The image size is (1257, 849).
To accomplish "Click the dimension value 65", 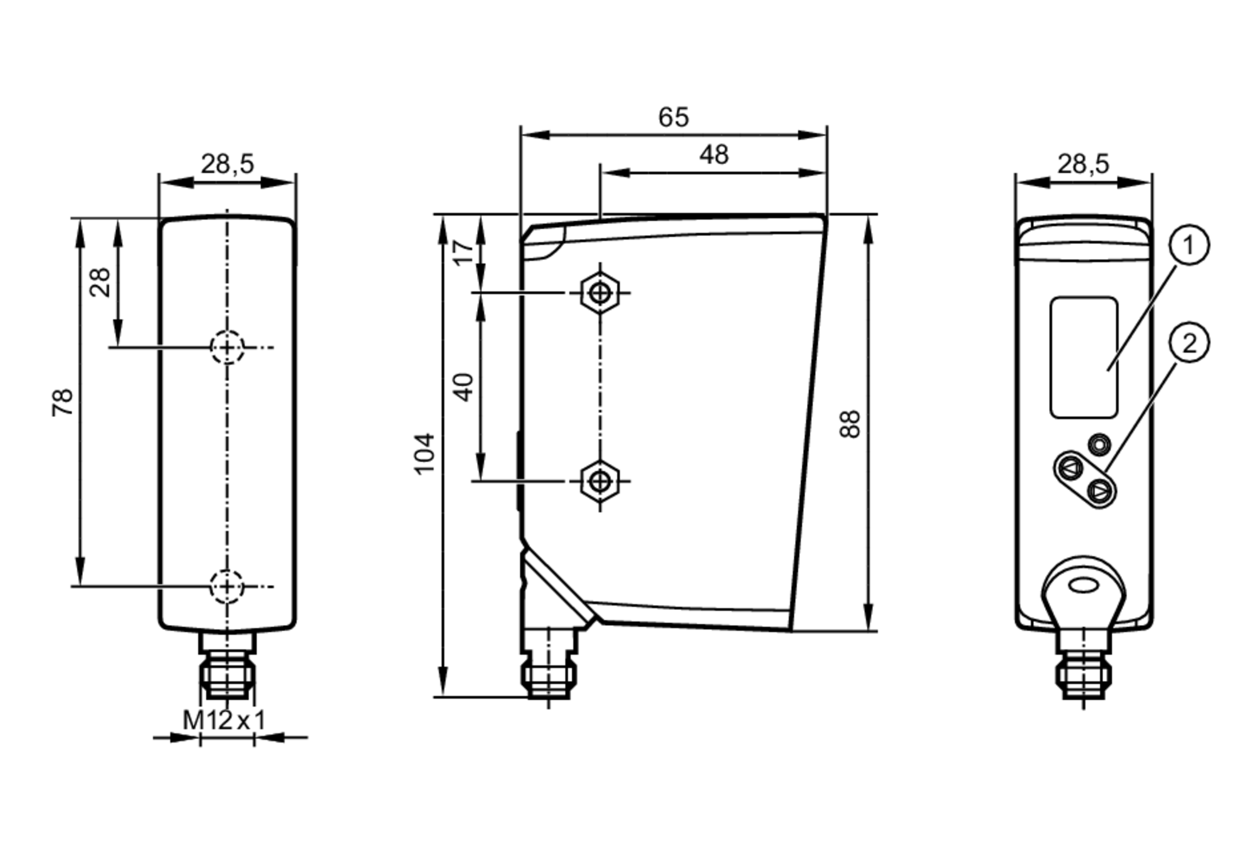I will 673,118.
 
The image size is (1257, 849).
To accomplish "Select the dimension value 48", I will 713,155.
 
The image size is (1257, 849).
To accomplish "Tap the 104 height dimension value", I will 425,453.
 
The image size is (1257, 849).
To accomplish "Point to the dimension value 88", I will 850,424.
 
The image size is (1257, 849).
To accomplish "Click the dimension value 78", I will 63,402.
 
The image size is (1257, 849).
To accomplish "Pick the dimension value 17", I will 464,252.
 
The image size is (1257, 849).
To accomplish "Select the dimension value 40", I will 464,387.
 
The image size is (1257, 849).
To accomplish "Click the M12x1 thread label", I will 224,720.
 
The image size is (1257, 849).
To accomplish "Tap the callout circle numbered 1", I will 1188,245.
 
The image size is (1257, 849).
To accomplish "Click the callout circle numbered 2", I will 1188,343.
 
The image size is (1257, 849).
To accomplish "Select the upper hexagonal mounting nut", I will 600,292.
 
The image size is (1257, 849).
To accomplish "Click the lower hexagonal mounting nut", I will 600,481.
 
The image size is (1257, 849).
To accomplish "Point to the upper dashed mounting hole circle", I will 227,347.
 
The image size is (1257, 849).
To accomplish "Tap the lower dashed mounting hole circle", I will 227,586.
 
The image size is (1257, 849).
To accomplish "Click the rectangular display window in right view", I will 1084,357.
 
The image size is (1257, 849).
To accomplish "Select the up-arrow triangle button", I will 1069,468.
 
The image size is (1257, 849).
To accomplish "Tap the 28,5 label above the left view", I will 227,164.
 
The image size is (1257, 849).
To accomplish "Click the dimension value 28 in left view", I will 100,282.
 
